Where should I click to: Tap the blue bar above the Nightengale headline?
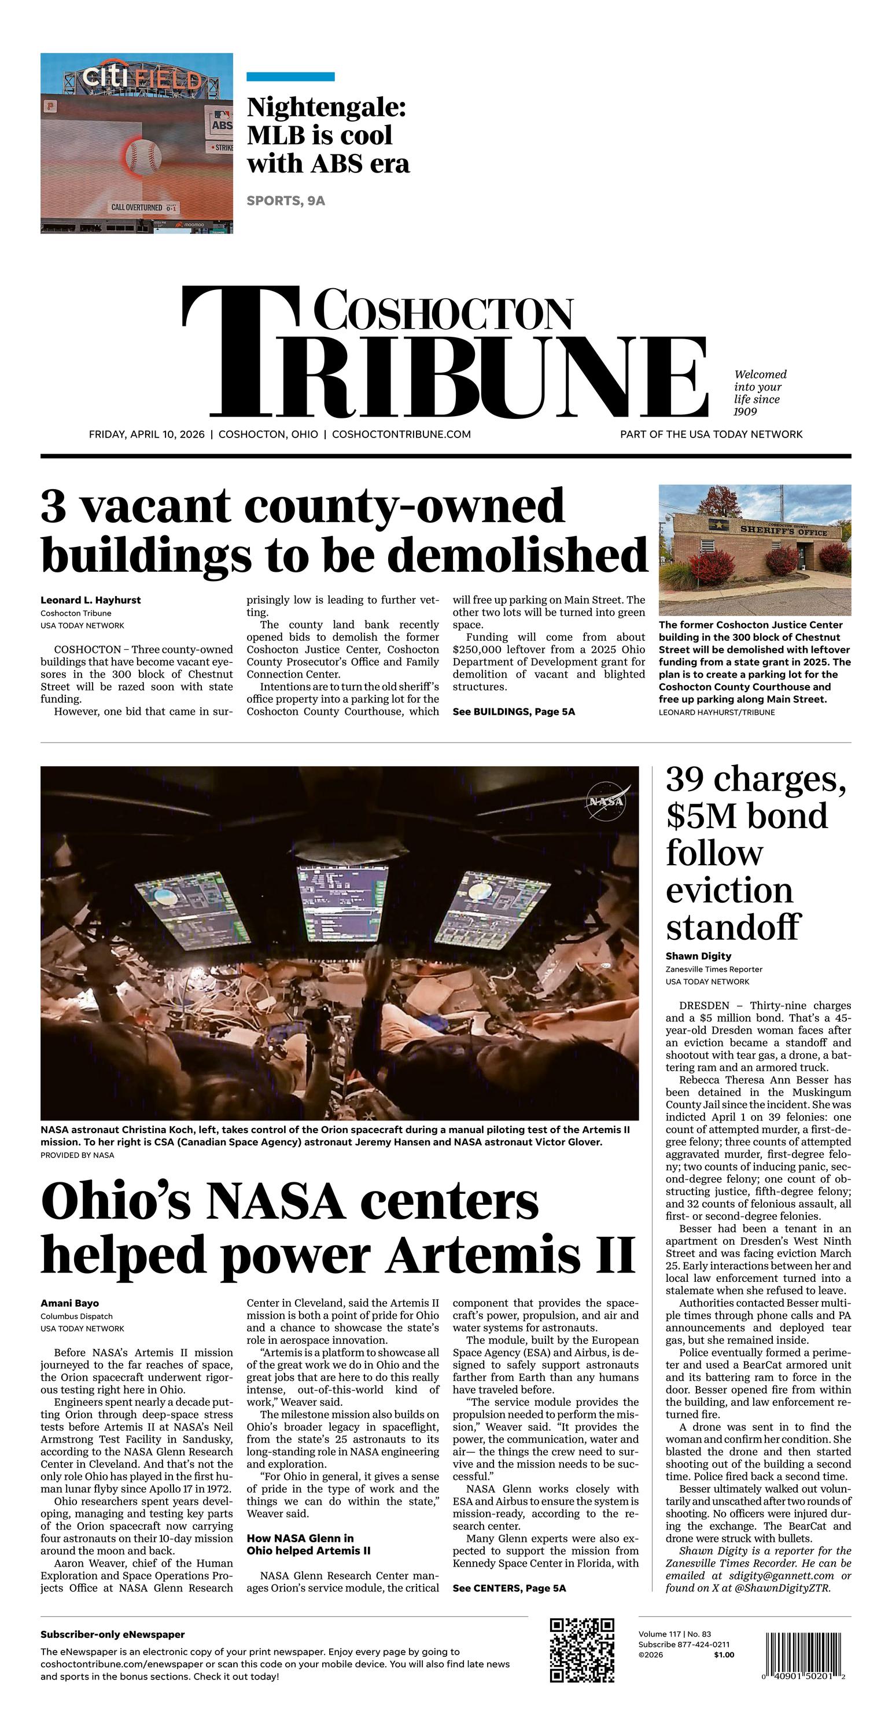coord(290,77)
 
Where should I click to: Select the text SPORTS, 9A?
coord(286,201)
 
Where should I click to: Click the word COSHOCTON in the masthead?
coord(443,311)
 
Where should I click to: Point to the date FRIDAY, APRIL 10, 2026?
coord(146,435)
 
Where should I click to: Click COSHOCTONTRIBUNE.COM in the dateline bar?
coord(401,435)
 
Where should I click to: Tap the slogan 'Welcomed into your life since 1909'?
coord(760,393)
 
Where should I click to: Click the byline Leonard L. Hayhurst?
coord(90,600)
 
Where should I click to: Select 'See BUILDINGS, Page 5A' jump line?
coord(513,711)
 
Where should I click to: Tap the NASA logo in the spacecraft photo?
coord(607,801)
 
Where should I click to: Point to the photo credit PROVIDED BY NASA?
coord(77,1156)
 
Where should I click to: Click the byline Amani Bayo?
coord(69,1303)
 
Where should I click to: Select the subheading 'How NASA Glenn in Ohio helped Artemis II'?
coord(308,1545)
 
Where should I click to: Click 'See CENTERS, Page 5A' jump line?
coord(508,1588)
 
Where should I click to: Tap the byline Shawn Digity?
coord(698,957)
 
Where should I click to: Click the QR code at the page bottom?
coord(581,1651)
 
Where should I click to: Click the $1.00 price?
coord(724,1655)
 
